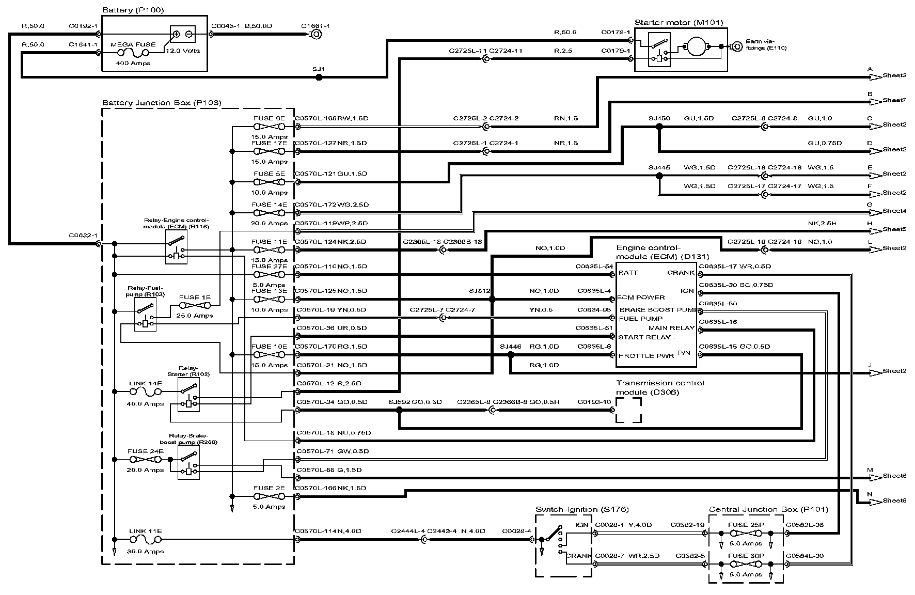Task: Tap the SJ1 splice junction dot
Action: tap(319, 77)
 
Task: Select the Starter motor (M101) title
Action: tap(679, 23)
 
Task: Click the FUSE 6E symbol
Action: tap(269, 127)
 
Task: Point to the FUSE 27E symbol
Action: tap(269, 275)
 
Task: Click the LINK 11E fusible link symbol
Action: tap(145, 539)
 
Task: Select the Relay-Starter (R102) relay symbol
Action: tap(188, 395)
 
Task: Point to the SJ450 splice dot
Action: tap(659, 127)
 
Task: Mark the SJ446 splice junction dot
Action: tap(511, 355)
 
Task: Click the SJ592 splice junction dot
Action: tap(399, 411)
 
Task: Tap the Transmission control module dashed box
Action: tap(628, 411)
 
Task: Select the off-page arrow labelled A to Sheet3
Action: tap(875, 77)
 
